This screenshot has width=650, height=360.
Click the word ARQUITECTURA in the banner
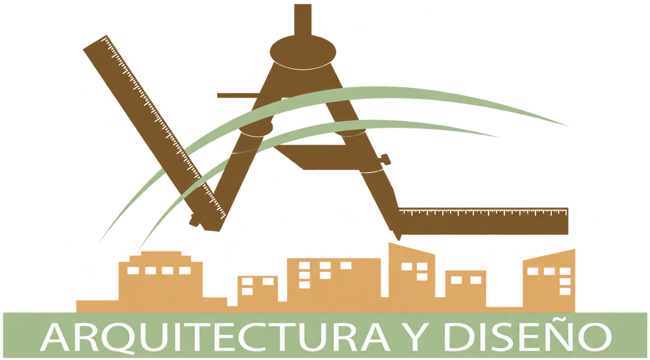215,338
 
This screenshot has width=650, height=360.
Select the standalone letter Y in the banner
415,337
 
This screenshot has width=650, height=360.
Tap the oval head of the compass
303,52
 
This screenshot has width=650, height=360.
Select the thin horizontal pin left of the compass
238,96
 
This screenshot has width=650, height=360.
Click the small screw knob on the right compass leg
386,159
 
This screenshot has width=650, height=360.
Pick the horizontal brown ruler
483,221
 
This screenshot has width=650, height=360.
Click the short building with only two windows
466,290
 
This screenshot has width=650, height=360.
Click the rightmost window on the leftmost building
185,270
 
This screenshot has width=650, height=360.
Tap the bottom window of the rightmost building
565,291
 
